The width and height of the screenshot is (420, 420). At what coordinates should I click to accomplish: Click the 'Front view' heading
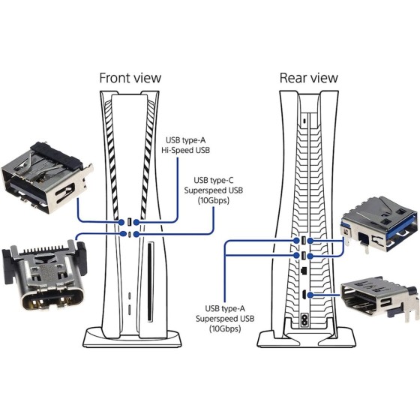pos(130,78)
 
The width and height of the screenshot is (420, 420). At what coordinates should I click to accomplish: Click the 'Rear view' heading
pos(308,78)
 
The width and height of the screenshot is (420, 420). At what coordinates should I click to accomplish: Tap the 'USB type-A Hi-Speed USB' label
pos(185,145)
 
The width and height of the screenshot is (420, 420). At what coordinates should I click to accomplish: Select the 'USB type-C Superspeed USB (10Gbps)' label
pos(214,190)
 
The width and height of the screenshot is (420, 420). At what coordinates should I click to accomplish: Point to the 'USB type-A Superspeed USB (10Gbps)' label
pos(225,319)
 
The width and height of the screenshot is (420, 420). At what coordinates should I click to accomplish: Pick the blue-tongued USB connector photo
pos(379,224)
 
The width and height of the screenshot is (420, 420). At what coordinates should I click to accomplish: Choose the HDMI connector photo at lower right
pos(379,298)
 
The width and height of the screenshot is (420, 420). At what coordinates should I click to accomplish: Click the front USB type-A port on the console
pos(129,222)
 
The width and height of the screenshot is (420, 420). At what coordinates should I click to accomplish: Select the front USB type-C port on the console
pos(130,234)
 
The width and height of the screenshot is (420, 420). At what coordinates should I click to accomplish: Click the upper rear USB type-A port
pos(304,241)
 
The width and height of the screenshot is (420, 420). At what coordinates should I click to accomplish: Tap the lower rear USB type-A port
pos(304,256)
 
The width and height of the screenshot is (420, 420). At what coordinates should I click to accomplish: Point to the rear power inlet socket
pos(304,319)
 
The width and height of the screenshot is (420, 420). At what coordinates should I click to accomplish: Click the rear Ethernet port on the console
pos(304,271)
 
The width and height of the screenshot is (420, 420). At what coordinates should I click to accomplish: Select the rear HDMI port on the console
pos(304,295)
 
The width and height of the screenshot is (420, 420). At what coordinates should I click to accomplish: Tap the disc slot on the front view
pos(149,282)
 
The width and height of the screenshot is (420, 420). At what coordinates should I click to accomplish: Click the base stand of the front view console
pos(132,337)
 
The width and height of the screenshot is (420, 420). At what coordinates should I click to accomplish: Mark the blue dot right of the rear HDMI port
pos(310,295)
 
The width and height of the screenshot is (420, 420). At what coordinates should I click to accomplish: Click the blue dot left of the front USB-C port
pos(123,233)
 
